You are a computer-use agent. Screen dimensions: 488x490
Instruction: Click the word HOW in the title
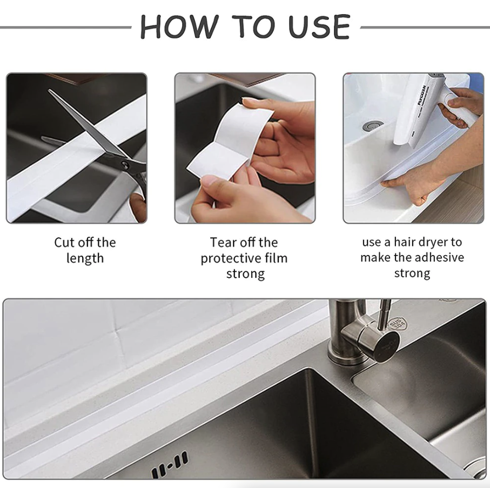pyautogui.click(x=172, y=26)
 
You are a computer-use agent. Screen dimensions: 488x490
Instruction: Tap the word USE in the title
pyautogui.click(x=319, y=26)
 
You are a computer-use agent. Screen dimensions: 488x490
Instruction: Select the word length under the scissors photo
pyautogui.click(x=85, y=258)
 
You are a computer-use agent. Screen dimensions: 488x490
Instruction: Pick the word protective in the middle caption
pyautogui.click(x=229, y=258)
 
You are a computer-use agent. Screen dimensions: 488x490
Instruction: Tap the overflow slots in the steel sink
pyautogui.click(x=170, y=464)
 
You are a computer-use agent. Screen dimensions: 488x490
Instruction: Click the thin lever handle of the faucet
pyautogui.click(x=385, y=313)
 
